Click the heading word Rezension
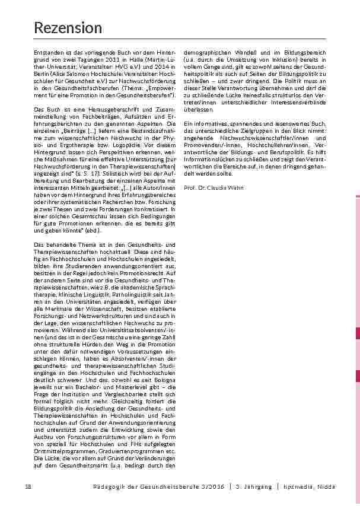pyautogui.click(x=68, y=28)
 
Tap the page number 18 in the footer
pyautogui.click(x=28, y=487)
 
